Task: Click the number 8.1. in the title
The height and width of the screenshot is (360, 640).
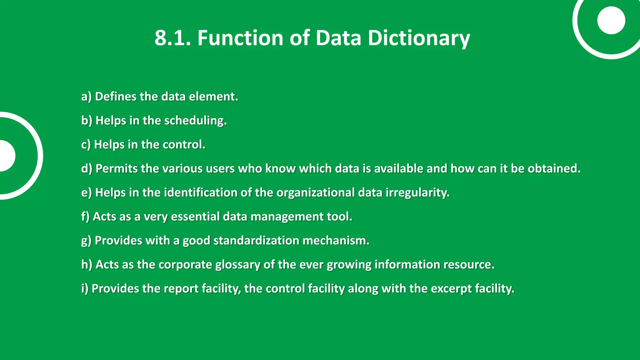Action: pos(172,38)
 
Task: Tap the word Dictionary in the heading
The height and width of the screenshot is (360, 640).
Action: pos(418,38)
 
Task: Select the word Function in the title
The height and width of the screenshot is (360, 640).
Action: pos(240,38)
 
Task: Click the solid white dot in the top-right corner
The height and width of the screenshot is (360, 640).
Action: pos(611,20)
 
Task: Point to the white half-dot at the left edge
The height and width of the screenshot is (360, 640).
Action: pos(6,156)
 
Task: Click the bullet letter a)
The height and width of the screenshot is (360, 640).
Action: pos(87,97)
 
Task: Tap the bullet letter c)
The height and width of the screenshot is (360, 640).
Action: pos(86,145)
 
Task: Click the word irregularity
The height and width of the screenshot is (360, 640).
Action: pos(417,193)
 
